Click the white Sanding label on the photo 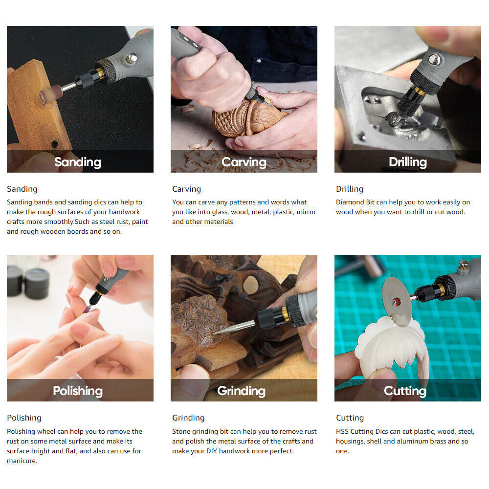click(78, 162)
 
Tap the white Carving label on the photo click(244, 162)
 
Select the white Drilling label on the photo click(408, 162)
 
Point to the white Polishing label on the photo click(78, 391)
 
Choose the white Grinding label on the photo click(242, 391)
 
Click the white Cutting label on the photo click(405, 391)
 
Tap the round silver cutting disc click(397, 301)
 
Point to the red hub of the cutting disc click(397, 302)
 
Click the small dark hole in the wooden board click(55, 144)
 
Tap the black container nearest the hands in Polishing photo click(37, 284)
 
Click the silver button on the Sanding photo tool click(132, 58)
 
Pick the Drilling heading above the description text click(350, 189)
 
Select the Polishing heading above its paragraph click(24, 418)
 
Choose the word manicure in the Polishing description click(22, 461)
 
